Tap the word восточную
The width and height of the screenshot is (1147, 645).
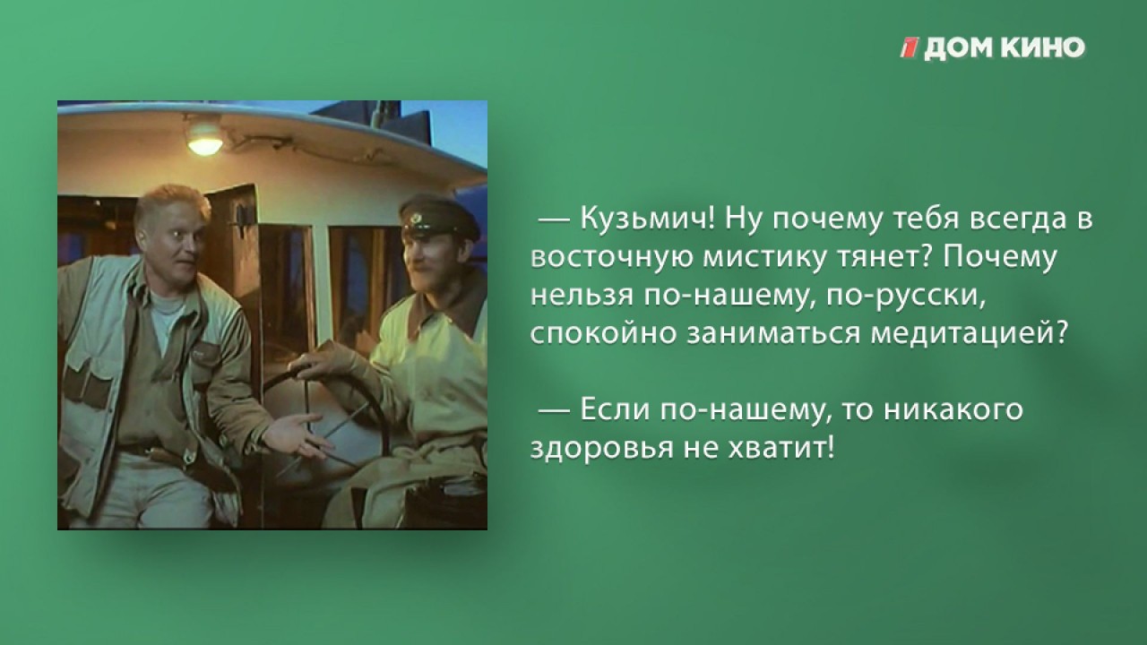[612, 258]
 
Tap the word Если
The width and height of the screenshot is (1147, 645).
[615, 410]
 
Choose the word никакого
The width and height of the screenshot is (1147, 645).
[953, 410]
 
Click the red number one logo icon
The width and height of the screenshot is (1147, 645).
[910, 47]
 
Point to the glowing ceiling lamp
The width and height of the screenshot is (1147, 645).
[205, 139]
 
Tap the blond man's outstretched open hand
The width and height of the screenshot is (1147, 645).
[292, 434]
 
